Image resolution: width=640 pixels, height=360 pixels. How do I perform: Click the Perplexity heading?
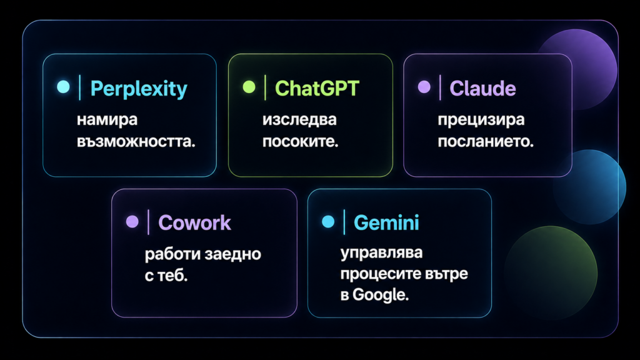(x=139, y=89)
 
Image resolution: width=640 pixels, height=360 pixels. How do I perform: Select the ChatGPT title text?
(x=317, y=88)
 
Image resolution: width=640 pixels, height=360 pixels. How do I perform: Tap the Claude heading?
(x=482, y=88)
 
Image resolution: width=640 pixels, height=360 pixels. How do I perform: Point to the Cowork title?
(x=194, y=222)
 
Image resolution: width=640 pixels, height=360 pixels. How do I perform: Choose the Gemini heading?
(x=386, y=222)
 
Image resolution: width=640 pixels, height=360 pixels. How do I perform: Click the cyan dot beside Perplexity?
(x=63, y=87)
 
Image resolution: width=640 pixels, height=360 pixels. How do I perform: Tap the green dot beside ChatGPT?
(x=249, y=87)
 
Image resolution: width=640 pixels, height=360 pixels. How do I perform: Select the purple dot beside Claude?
(x=424, y=87)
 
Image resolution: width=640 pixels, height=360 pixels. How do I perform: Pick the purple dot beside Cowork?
(x=132, y=222)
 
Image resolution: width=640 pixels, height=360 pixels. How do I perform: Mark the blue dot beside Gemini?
(x=328, y=222)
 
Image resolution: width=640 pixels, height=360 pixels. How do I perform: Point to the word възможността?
(x=136, y=142)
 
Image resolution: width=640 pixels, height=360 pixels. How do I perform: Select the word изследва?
(x=299, y=120)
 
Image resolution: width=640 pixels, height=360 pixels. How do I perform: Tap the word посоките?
(x=301, y=142)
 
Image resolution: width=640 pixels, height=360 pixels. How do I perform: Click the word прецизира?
(x=481, y=121)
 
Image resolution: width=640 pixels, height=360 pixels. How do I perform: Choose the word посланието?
(x=486, y=142)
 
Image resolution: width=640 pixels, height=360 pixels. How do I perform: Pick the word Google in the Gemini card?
(x=381, y=295)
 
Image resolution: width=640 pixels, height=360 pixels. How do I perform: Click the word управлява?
(x=382, y=253)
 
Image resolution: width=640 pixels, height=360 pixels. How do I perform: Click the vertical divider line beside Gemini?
(x=344, y=222)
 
